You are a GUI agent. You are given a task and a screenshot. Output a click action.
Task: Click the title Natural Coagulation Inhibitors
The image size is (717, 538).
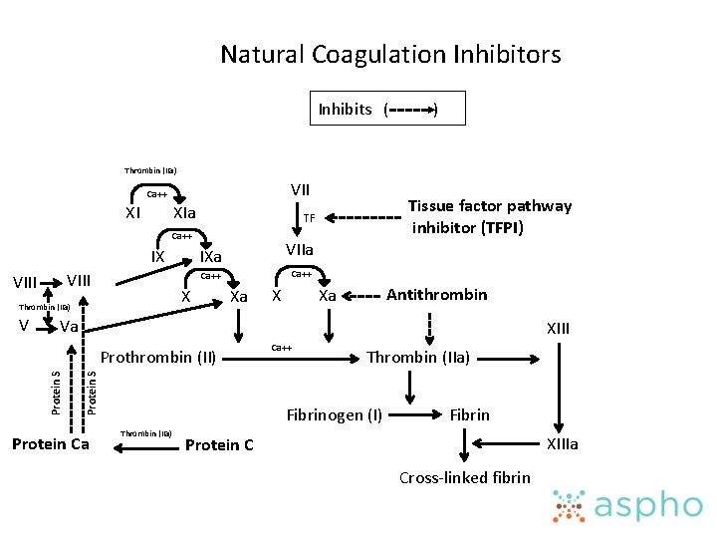point(390,54)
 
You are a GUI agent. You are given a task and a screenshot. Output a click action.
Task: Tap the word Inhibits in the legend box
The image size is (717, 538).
point(345,110)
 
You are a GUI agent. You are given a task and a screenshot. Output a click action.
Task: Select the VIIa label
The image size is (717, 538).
point(299,250)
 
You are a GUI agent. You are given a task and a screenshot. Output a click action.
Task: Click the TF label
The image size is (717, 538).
point(309,218)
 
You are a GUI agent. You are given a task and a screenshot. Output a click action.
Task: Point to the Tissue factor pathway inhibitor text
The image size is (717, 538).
point(490,216)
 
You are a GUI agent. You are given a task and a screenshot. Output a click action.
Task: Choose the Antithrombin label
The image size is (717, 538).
point(436,294)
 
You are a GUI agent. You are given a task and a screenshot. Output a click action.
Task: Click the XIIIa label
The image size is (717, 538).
point(560,444)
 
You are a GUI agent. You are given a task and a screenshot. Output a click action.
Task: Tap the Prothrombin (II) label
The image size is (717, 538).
point(159,357)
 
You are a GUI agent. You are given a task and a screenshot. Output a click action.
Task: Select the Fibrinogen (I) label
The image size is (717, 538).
point(335,414)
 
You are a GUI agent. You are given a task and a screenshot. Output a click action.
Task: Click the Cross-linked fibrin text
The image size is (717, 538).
point(464,477)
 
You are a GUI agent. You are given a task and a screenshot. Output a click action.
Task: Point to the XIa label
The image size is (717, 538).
point(183,213)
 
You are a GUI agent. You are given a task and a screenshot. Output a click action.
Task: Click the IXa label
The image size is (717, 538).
point(210,257)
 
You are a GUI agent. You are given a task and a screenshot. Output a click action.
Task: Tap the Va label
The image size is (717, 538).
point(69,327)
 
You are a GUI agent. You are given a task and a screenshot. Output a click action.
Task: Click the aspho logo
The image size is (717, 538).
point(627,505)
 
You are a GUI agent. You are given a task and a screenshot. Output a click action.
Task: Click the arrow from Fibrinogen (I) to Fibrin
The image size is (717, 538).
point(415,413)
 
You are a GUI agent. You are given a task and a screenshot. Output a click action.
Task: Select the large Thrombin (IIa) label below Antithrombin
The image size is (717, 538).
point(418,357)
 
